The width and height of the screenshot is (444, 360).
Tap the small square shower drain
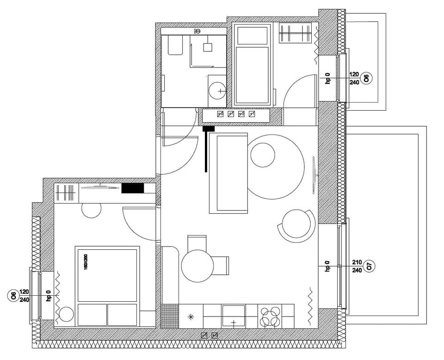(x=208, y=47)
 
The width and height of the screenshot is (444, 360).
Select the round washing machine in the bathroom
(x=217, y=91)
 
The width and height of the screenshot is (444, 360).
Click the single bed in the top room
(x=252, y=65)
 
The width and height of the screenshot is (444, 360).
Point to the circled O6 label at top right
(x=366, y=78)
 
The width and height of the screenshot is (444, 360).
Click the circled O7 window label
(x=369, y=266)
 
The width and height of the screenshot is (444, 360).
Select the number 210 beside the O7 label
(x=357, y=262)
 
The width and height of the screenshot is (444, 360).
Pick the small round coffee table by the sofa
(x=263, y=155)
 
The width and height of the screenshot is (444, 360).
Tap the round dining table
(x=197, y=266)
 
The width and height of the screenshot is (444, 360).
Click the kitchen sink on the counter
(x=234, y=316)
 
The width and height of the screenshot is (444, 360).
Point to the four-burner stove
(x=270, y=317)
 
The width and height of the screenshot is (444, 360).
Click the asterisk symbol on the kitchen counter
(x=191, y=317)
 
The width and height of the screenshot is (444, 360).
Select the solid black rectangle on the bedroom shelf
(x=133, y=188)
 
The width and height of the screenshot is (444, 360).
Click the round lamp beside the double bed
(x=66, y=315)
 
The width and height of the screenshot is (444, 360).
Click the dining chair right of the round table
(x=222, y=265)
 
